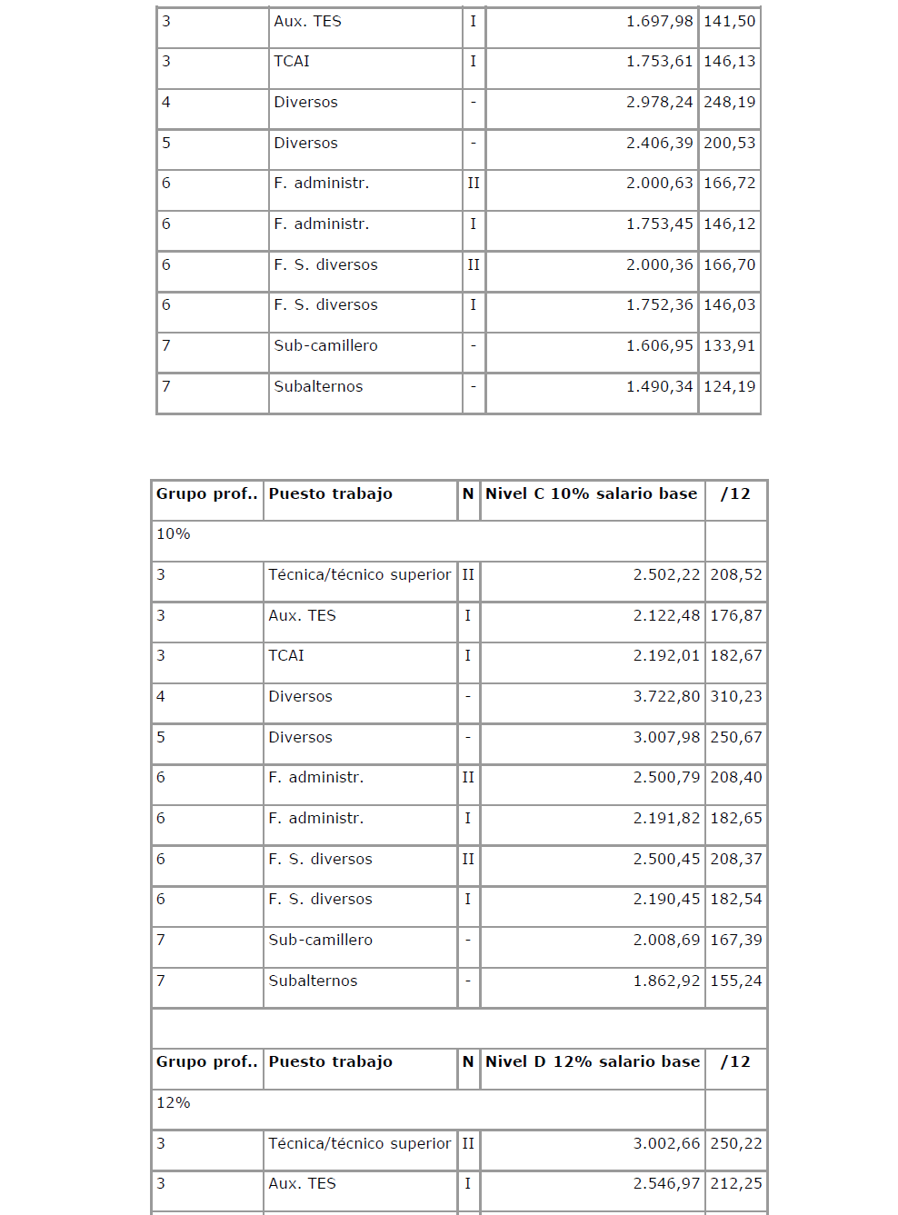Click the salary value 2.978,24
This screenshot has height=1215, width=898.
pos(659,103)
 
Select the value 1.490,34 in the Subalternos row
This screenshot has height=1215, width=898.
pos(659,387)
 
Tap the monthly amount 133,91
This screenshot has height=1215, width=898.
pos(729,346)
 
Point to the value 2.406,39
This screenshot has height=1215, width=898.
pos(659,144)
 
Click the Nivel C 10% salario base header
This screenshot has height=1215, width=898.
pos(591,494)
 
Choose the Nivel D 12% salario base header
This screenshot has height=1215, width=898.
pos(593,1062)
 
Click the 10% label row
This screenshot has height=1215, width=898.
pos(174,534)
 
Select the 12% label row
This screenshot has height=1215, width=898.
pos(174,1103)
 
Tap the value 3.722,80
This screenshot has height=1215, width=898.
pos(666,697)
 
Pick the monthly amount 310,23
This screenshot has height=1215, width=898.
pos(736,697)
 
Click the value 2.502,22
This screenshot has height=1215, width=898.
pos(666,575)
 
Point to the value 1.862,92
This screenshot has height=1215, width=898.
pos(666,981)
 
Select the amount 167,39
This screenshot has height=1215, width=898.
pos(736,941)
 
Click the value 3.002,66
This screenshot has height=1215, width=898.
pos(666,1144)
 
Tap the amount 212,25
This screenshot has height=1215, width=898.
pos(736,1184)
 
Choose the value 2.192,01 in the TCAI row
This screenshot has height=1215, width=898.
pos(666,656)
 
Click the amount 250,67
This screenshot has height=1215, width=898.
pos(736,738)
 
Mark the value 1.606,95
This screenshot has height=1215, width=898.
pos(659,346)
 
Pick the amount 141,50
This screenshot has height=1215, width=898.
pos(729,22)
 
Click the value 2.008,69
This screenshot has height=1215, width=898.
pos(666,941)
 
